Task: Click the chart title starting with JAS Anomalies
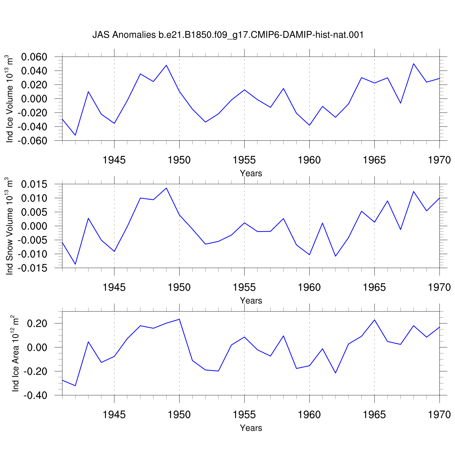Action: (228, 35)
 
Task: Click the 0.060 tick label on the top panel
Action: (34, 57)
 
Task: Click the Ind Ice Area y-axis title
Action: (15, 353)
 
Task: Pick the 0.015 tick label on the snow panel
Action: (34, 184)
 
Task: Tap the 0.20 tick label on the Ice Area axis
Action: (37, 324)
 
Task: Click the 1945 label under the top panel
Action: (114, 160)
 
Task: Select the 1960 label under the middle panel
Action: (309, 288)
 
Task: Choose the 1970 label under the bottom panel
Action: (440, 415)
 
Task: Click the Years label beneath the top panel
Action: (251, 173)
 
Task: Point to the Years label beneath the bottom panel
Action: (251, 428)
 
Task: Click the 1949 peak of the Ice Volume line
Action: (166, 65)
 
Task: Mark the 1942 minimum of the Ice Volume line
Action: (75, 135)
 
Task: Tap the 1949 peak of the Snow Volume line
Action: (166, 188)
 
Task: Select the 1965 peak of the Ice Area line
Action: (375, 320)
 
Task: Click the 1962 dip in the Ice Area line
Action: (335, 373)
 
